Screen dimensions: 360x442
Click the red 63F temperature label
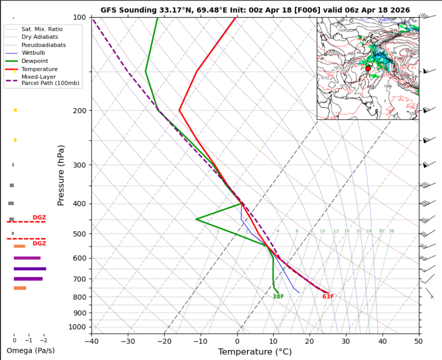(x=328, y=297)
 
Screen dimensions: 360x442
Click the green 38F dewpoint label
(x=278, y=297)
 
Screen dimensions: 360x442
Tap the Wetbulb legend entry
(x=32, y=53)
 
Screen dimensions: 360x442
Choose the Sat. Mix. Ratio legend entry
(x=42, y=29)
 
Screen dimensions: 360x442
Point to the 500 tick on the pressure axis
(x=80, y=234)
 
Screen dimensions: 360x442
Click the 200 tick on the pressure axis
(x=80, y=111)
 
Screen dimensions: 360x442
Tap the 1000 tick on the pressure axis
(x=78, y=327)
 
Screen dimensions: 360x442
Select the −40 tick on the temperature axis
(x=92, y=341)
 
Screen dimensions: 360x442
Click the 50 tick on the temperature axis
(x=418, y=341)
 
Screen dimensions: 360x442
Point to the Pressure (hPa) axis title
(x=61, y=175)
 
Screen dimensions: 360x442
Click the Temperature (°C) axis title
(x=255, y=352)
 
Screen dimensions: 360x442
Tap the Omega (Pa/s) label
(x=31, y=350)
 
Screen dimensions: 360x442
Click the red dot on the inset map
(x=368, y=68)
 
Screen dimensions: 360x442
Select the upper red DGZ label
(x=39, y=218)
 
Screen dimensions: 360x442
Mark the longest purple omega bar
(x=30, y=268)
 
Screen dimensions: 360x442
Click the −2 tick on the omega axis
(x=44, y=340)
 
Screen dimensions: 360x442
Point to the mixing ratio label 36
(x=391, y=231)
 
